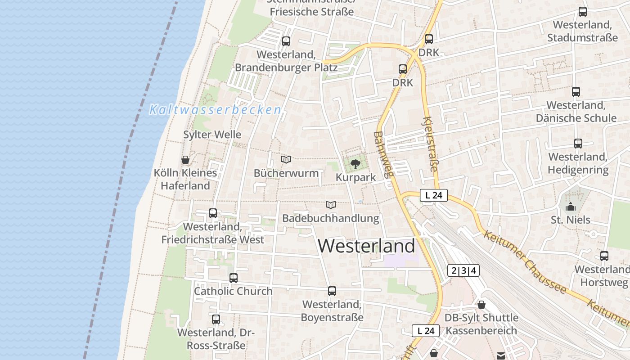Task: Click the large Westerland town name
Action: (x=366, y=246)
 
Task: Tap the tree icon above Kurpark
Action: (x=355, y=163)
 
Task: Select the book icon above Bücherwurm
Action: (x=286, y=159)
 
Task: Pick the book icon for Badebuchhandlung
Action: (x=331, y=205)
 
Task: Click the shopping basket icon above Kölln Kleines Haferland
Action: (x=185, y=160)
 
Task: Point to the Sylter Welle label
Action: (x=212, y=135)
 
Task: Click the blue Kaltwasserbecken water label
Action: (x=215, y=110)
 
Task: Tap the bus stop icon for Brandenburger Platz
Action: (x=286, y=41)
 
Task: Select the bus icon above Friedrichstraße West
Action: (x=213, y=213)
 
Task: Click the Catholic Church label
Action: (x=233, y=291)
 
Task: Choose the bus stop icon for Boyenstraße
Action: (x=332, y=291)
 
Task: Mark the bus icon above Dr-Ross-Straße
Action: (x=216, y=319)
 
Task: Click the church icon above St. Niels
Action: (x=571, y=207)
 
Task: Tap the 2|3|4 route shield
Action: (x=463, y=270)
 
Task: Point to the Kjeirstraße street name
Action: (x=430, y=144)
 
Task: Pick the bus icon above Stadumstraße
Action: (x=583, y=12)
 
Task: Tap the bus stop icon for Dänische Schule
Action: (x=576, y=92)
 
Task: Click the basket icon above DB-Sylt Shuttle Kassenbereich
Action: (x=481, y=305)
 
